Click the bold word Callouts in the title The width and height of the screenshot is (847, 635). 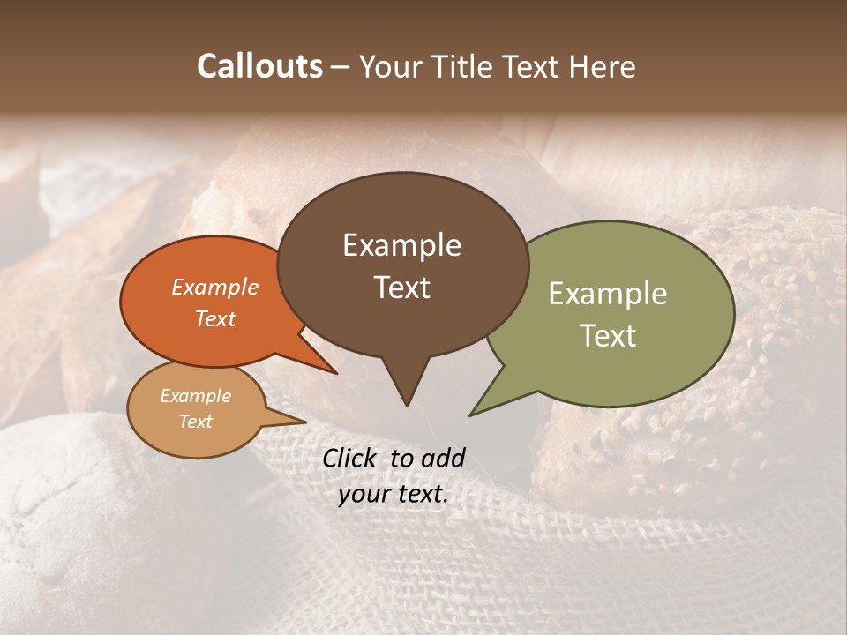(x=259, y=66)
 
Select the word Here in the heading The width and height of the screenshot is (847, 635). (x=603, y=66)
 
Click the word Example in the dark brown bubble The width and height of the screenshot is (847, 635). (x=401, y=245)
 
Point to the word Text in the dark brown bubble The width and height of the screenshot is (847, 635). (x=401, y=288)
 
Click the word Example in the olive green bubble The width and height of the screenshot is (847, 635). (x=607, y=294)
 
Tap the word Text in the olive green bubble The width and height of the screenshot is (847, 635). (x=607, y=336)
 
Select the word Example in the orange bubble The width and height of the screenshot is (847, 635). (x=214, y=287)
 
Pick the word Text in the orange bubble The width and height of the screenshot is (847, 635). (x=214, y=318)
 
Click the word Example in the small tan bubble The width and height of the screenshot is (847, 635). (x=195, y=396)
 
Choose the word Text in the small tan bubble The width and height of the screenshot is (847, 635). (x=195, y=422)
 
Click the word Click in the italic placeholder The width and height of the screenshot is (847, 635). (x=350, y=458)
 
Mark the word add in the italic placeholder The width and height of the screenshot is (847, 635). (x=443, y=458)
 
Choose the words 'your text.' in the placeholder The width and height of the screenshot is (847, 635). (x=394, y=494)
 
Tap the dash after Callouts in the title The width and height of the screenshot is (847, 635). (x=341, y=67)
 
